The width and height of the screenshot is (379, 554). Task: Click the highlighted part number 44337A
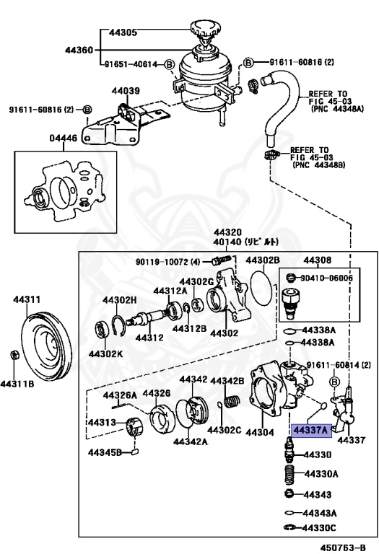click(310, 431)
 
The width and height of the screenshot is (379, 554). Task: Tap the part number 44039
click(125, 91)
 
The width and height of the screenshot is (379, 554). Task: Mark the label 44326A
click(120, 395)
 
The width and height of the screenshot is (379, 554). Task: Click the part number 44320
click(227, 232)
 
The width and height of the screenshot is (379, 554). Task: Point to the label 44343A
click(319, 513)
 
